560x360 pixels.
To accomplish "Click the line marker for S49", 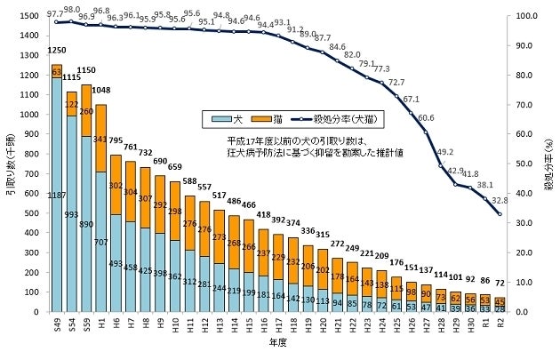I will (x=57, y=22).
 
